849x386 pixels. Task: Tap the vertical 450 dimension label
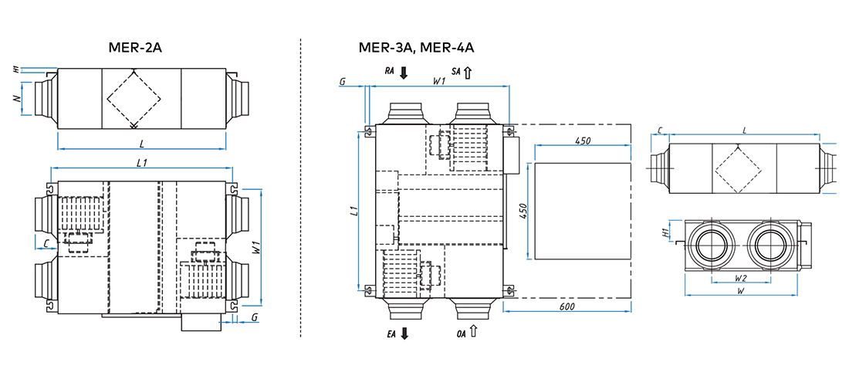[x=523, y=211]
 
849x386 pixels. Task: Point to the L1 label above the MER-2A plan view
[x=141, y=162]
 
